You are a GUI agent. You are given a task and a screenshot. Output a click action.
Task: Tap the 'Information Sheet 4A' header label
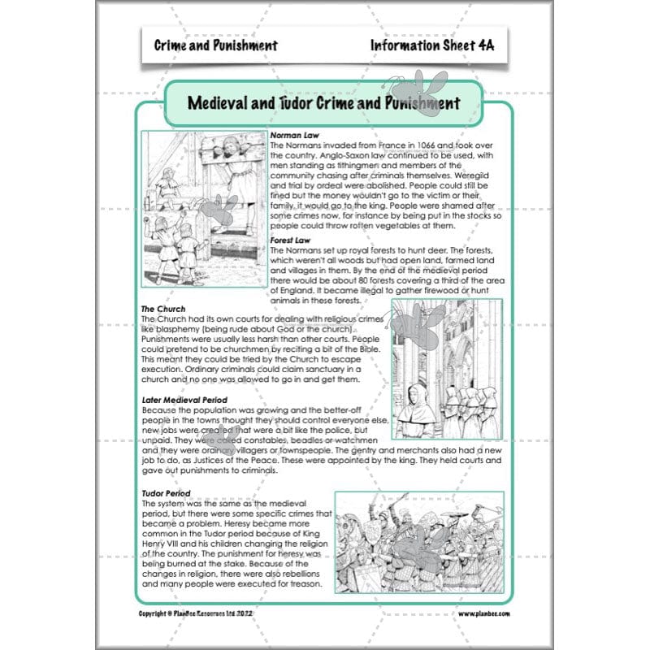(431, 45)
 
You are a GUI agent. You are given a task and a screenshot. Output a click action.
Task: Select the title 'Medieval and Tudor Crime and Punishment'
(323, 103)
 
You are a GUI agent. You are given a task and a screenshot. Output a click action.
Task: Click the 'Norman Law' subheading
(295, 135)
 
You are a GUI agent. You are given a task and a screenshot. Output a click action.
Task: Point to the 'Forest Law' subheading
(292, 240)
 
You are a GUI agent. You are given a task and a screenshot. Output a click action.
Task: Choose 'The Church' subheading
(163, 310)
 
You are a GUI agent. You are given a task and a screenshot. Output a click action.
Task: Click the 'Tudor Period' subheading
(166, 493)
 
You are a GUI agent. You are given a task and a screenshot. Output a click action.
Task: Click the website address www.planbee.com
(485, 614)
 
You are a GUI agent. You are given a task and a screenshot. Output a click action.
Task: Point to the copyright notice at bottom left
(206, 614)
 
